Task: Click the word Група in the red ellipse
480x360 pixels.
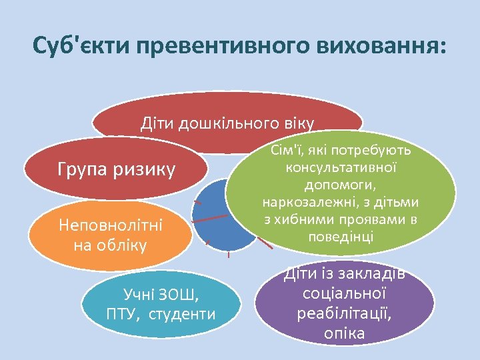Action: point(81,170)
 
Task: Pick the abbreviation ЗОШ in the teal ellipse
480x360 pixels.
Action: point(179,293)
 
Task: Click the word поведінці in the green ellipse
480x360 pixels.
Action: point(341,237)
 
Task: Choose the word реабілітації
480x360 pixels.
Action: point(344,313)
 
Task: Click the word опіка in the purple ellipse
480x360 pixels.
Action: point(344,333)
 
